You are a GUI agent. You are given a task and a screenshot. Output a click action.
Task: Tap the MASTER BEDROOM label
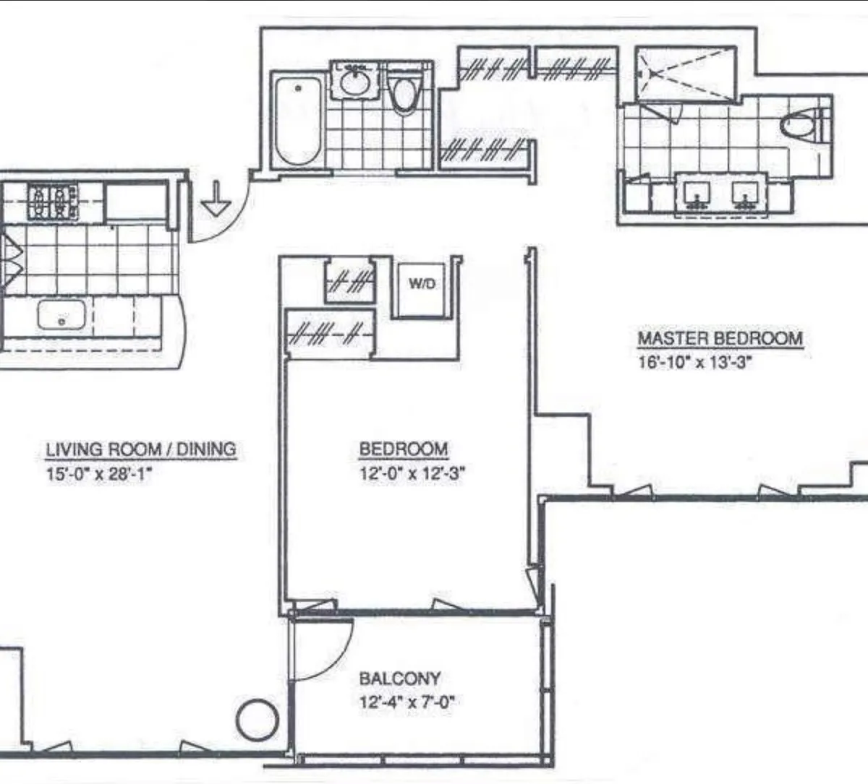coord(720,338)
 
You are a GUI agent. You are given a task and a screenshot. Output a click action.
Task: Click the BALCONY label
coord(400,679)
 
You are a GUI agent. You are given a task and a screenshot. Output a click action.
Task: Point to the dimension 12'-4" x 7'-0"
coord(409,702)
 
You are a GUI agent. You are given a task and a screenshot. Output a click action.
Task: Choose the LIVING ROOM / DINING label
coord(141,449)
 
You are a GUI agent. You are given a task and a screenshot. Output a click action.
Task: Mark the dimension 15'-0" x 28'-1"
coord(98,474)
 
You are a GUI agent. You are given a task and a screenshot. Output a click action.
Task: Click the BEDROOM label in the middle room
coord(404,449)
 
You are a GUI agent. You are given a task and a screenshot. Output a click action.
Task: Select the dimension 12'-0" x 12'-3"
coord(412,474)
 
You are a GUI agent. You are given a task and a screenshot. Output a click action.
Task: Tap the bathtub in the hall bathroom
coord(297,121)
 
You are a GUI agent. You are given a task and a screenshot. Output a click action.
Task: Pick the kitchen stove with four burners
coord(52,202)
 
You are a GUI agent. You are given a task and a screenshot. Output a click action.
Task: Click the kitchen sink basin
coord(61,315)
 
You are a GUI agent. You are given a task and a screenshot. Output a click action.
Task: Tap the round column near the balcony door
coord(258,720)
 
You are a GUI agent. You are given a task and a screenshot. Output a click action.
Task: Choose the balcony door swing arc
coord(325,650)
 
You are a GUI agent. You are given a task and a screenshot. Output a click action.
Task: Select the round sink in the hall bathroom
coord(354,82)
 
